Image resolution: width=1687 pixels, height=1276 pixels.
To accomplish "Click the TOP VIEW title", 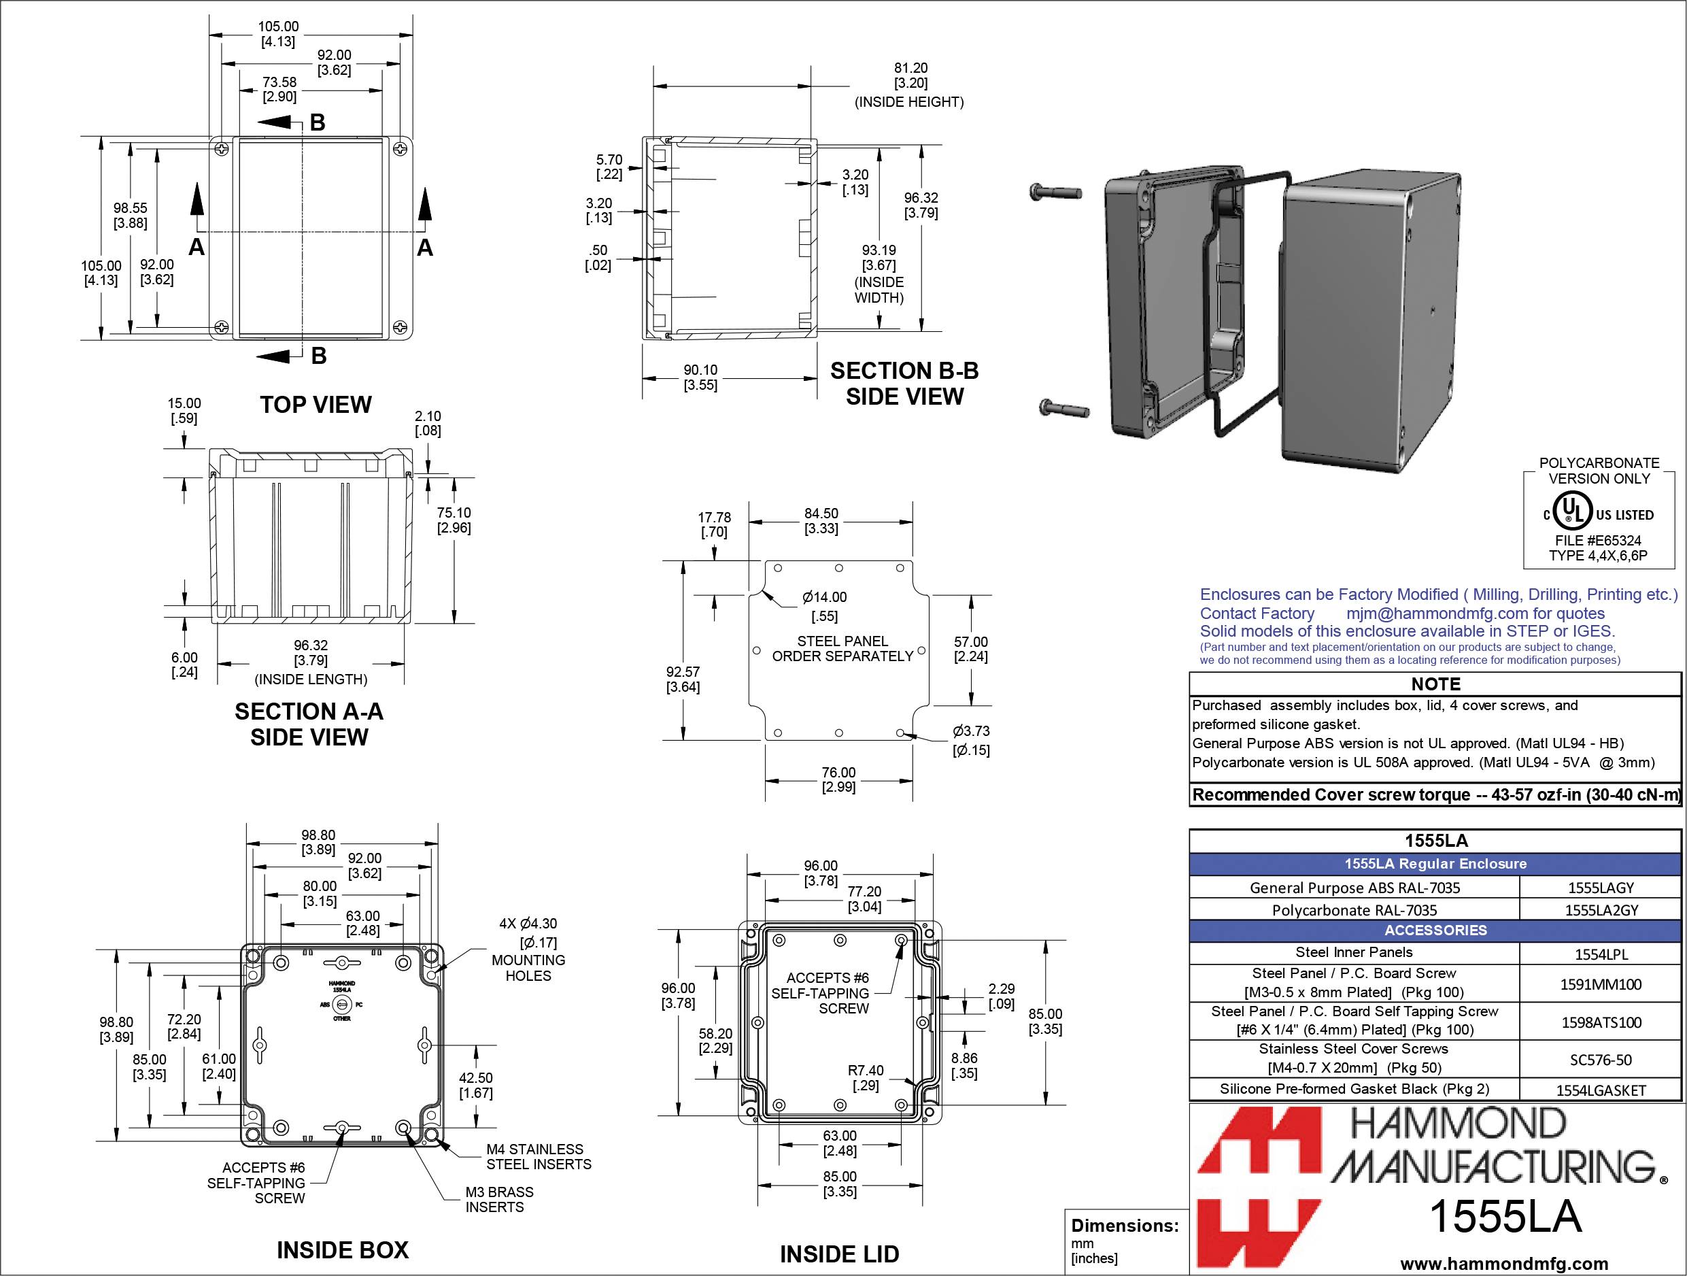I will click(x=316, y=405).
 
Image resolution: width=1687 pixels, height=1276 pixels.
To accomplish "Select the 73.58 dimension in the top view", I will click(x=279, y=89).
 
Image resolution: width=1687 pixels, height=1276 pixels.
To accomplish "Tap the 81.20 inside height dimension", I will click(x=910, y=75).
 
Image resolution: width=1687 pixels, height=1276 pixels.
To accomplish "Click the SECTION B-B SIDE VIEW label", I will click(x=904, y=384).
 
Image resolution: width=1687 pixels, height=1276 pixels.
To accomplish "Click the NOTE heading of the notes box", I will click(x=1435, y=684).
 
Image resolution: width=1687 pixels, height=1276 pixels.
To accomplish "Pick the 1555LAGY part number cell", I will click(x=1600, y=887).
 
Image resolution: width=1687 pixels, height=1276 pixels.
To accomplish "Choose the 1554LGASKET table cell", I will click(x=1600, y=1090).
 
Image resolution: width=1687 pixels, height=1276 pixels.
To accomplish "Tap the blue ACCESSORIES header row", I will click(x=1435, y=930).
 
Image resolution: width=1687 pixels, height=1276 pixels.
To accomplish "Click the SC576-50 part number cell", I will click(x=1600, y=1060).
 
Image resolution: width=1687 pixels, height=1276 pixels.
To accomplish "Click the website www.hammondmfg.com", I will click(x=1504, y=1264).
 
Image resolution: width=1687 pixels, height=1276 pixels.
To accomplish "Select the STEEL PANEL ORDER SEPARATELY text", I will click(x=842, y=648).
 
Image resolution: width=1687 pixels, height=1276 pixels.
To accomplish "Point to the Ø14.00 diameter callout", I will click(x=823, y=605).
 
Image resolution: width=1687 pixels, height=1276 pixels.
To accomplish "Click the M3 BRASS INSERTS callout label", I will click(x=499, y=1199).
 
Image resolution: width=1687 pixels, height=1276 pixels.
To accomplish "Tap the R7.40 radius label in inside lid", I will click(x=865, y=1077).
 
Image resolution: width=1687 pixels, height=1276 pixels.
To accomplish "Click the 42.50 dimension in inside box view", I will click(x=475, y=1085).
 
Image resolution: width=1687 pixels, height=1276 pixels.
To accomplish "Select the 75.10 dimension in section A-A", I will click(x=454, y=520).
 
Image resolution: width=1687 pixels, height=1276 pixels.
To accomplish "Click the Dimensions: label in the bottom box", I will click(x=1124, y=1226).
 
